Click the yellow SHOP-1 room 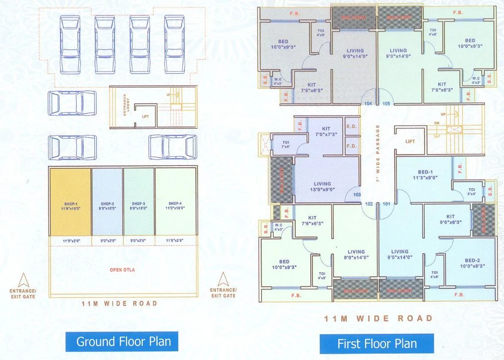click(x=70, y=202)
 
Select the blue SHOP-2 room click(x=107, y=202)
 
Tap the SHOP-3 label click(x=139, y=204)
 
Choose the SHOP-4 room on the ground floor click(x=175, y=202)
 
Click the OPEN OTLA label click(x=122, y=270)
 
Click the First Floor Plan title click(x=377, y=343)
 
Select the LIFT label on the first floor click(x=410, y=141)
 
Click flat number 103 click(x=357, y=194)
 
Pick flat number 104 click(x=368, y=104)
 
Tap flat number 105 click(x=386, y=104)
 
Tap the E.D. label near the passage click(x=352, y=127)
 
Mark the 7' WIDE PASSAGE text click(x=378, y=154)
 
